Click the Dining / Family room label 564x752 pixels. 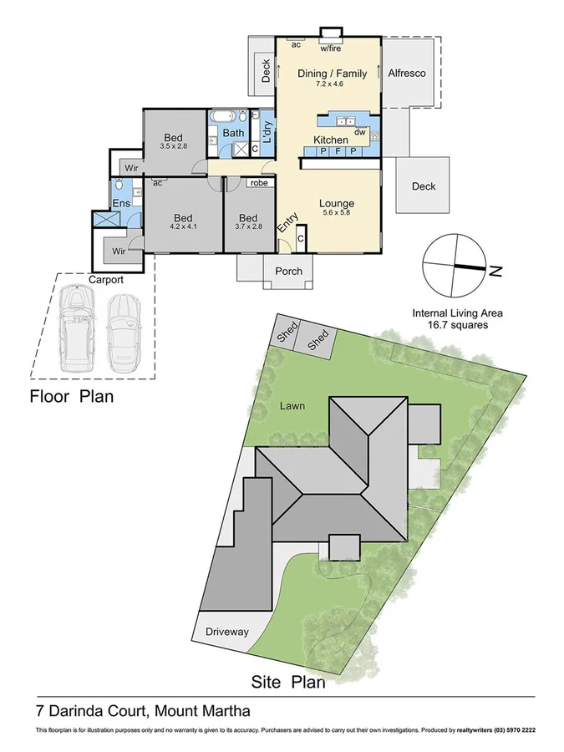333,74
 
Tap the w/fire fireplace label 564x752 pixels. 331,47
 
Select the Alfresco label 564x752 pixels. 407,74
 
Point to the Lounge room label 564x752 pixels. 337,203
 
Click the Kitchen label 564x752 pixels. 331,139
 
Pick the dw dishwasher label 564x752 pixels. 360,132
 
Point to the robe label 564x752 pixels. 258,183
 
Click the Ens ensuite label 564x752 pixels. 122,203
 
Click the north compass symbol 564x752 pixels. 455,266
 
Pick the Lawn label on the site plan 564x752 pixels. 292,406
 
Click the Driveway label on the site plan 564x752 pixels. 227,632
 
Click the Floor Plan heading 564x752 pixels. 72,396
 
